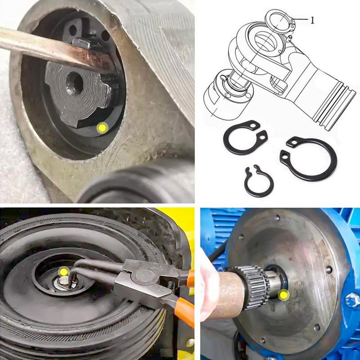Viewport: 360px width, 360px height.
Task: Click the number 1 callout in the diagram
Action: (x=312, y=19)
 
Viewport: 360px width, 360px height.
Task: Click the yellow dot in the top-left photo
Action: (x=103, y=128)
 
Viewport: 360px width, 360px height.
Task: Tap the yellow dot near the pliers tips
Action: (x=64, y=271)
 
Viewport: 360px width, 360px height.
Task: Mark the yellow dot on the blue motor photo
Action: (x=283, y=295)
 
